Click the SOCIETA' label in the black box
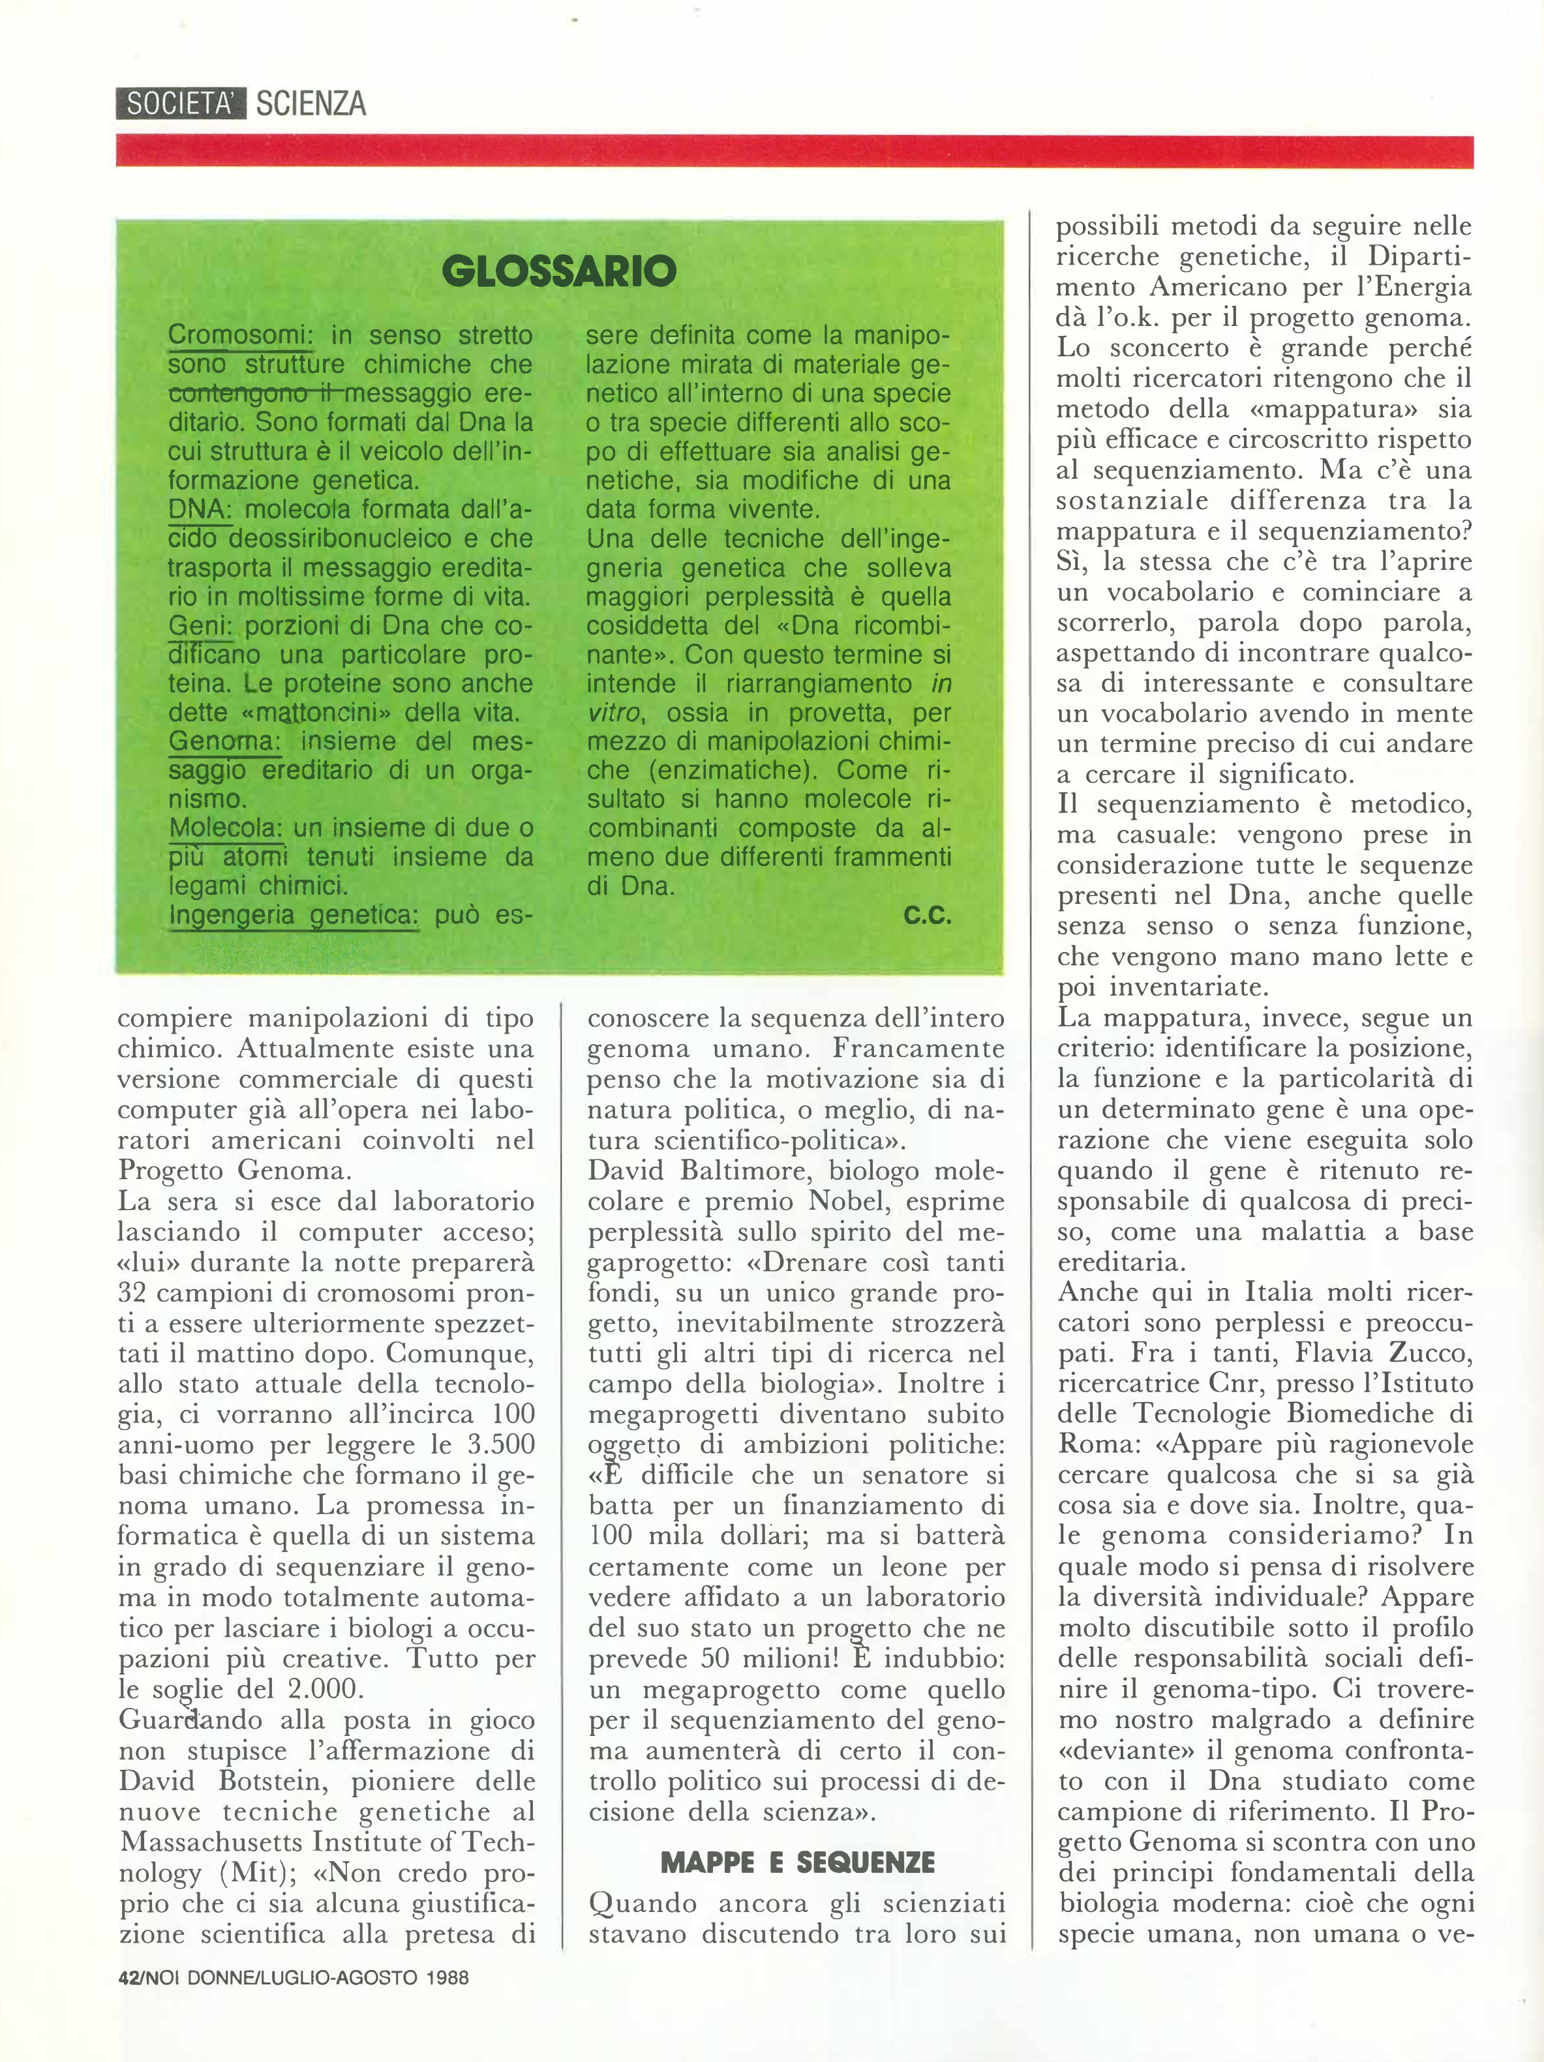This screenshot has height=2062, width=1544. (181, 102)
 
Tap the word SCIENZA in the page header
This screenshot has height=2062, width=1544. (310, 102)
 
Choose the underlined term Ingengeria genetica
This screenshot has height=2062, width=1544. (294, 916)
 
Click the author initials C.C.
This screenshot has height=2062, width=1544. (927, 916)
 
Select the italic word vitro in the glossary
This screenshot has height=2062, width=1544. (613, 713)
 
